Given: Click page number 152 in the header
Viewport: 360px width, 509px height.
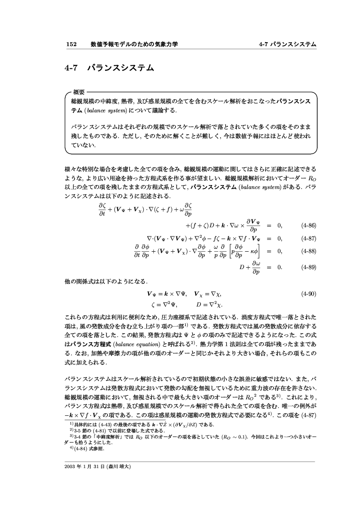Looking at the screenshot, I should (71, 44).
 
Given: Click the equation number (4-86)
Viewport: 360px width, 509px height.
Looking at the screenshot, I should (308, 226).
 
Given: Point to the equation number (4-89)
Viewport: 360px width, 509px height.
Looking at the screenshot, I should (308, 267).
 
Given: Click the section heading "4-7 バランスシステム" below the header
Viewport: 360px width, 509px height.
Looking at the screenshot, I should (109, 68).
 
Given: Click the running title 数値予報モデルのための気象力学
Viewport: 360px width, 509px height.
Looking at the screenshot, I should (134, 44).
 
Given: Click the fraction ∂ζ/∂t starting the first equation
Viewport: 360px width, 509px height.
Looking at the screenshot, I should (103, 207).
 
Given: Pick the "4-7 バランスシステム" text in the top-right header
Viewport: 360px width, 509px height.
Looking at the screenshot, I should (287, 44).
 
